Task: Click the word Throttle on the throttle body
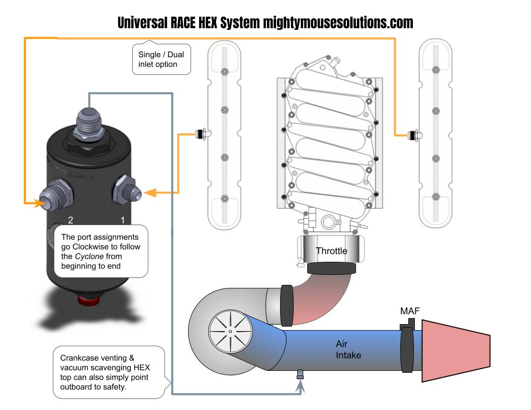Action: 331,251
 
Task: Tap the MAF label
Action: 410,312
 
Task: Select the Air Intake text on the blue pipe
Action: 348,350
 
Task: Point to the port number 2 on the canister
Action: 71,220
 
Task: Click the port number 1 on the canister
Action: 121,220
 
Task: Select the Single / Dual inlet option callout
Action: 161,60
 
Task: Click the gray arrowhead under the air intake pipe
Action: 301,386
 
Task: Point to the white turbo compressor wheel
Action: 229,331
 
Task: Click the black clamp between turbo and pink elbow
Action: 286,304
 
